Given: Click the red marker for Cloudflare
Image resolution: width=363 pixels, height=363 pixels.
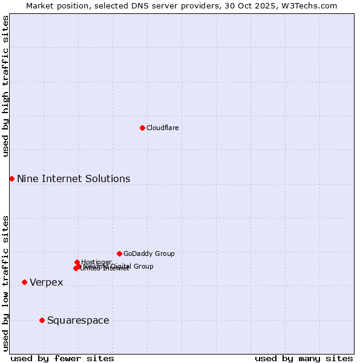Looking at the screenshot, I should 142,128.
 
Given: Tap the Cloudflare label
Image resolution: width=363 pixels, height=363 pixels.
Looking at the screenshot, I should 162,128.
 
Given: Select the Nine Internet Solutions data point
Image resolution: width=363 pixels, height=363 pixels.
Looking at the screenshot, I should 11,178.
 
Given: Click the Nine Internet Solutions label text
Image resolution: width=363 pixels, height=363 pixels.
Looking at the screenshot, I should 73,178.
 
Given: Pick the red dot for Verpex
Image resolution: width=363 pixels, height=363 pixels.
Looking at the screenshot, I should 24,282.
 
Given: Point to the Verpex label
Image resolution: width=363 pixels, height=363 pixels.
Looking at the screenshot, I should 46,283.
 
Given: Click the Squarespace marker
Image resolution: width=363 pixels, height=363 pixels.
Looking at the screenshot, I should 42,320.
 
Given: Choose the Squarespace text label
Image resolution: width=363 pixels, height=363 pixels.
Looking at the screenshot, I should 78,320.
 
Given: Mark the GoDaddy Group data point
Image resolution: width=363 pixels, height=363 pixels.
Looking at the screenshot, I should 119,253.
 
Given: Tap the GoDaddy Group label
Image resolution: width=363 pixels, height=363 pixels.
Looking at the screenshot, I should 149,253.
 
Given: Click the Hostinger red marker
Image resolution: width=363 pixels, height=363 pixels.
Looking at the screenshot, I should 77,262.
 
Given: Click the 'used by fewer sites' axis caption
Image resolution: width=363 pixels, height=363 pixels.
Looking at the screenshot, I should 62,358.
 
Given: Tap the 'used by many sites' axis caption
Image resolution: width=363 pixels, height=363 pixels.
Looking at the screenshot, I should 304,358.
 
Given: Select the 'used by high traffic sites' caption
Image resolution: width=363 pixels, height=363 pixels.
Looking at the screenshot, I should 5,86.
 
